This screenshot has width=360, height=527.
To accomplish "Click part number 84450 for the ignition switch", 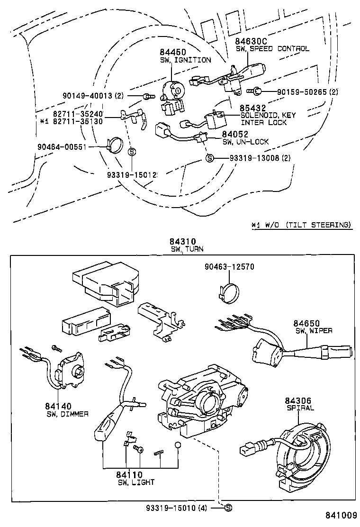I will coord(172,52).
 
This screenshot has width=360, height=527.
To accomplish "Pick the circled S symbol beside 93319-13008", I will coord(208,158).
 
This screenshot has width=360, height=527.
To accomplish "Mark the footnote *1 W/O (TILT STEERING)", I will coord(302,225).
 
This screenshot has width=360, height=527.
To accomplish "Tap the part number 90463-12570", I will coord(230,267).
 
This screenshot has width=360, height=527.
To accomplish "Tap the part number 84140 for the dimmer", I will coord(58,406).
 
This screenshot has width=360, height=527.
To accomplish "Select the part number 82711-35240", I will coord(78,114).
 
